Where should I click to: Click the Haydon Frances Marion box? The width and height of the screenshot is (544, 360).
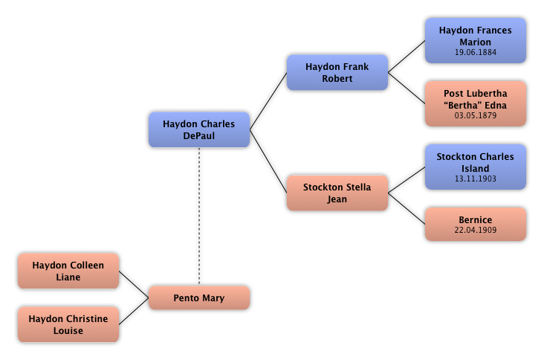point(475,40)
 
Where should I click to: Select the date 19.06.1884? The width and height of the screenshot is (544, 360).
point(475,53)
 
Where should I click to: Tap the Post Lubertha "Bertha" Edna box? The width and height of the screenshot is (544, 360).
point(475,103)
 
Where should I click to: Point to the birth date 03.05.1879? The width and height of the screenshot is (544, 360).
point(475,116)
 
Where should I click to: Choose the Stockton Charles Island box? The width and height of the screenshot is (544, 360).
point(475,167)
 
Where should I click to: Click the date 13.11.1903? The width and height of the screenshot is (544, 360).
point(475,179)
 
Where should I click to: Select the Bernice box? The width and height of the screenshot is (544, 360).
point(475,224)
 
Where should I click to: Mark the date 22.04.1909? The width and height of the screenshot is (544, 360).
point(475,231)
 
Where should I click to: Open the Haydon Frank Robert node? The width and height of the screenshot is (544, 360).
point(337,72)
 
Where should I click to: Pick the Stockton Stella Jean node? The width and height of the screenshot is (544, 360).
point(337,193)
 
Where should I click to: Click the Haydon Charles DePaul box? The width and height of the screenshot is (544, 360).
point(198,129)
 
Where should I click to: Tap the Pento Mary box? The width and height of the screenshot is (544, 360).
point(198,298)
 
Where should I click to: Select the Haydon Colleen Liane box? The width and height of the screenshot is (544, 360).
point(68,271)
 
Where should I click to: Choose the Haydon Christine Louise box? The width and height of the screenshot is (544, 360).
point(68,324)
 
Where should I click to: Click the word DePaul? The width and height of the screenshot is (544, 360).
point(198,136)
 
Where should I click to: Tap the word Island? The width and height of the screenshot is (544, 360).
point(475,169)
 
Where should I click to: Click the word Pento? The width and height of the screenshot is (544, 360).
point(186,298)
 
